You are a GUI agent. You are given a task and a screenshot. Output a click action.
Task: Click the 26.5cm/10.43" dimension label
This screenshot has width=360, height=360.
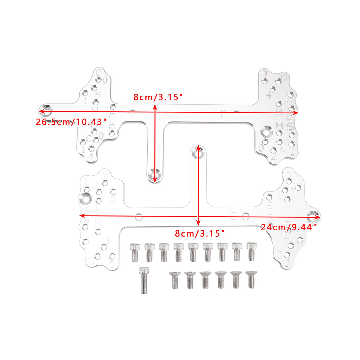tap(71, 122)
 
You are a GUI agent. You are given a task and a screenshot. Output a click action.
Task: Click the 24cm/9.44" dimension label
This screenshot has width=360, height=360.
tap(291, 227)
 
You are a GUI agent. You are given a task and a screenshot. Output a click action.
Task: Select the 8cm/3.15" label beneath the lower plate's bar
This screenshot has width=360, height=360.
tap(199, 233)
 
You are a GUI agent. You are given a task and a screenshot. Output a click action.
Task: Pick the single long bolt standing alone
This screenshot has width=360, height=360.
tap(145, 280)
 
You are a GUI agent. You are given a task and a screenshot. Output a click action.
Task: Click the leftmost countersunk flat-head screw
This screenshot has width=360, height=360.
tap(175, 280)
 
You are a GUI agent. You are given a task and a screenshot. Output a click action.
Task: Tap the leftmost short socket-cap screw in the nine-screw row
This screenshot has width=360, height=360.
tap(135, 252)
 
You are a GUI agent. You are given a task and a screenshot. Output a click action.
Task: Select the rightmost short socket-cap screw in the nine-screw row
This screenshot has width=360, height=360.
tap(251, 251)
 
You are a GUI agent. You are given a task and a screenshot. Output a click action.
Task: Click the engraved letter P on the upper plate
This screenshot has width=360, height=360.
tap(224, 114)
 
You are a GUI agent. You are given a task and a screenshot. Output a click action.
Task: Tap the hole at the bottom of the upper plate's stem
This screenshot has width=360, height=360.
tap(154, 175)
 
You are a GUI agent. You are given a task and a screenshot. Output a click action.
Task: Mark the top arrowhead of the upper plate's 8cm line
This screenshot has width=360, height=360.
tap(154, 107)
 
